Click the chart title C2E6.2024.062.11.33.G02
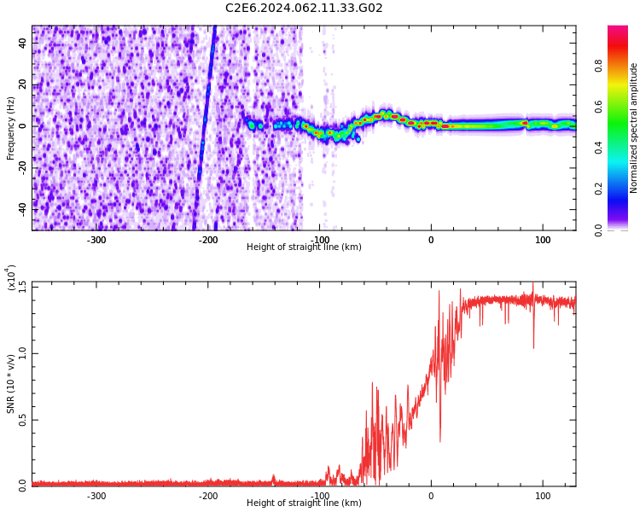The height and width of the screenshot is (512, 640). point(304,9)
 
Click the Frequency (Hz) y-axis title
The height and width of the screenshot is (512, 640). point(11,128)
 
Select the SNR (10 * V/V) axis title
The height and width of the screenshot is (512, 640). point(11,384)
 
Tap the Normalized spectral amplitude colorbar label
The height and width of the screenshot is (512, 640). point(634,128)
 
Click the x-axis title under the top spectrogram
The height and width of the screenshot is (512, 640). point(304,247)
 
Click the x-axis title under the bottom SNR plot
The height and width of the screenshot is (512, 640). point(304,503)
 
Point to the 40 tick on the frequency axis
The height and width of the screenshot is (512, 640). point(23,44)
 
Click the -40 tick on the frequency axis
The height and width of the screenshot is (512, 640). point(21,207)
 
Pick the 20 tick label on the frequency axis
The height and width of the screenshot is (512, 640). point(23,84)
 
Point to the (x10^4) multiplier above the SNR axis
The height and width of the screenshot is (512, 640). point(11,278)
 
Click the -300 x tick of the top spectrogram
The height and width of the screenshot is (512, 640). point(96,240)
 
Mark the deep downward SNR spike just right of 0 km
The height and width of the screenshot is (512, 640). point(440,439)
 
